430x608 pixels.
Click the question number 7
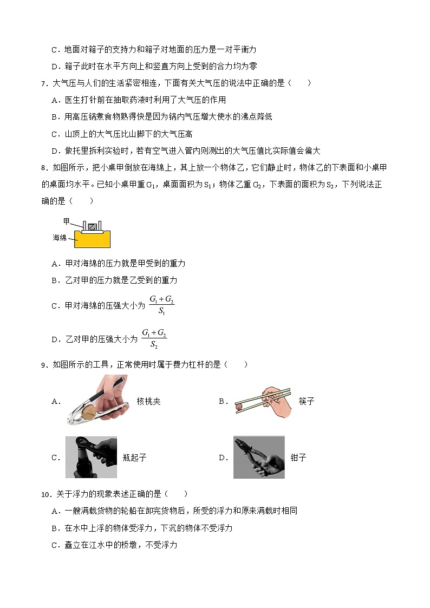44,83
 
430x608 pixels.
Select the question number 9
44,365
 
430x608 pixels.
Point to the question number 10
45,494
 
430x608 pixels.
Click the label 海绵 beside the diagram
60,237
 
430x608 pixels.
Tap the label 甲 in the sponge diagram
66,221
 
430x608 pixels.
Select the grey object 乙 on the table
93,226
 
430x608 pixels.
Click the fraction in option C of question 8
161,305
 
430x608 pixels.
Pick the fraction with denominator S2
154,338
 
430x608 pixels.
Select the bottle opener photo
91,457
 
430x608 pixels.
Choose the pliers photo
259,457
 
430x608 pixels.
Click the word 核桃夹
148,401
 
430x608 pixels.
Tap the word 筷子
306,401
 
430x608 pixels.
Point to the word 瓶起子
134,457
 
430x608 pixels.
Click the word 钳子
298,457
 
